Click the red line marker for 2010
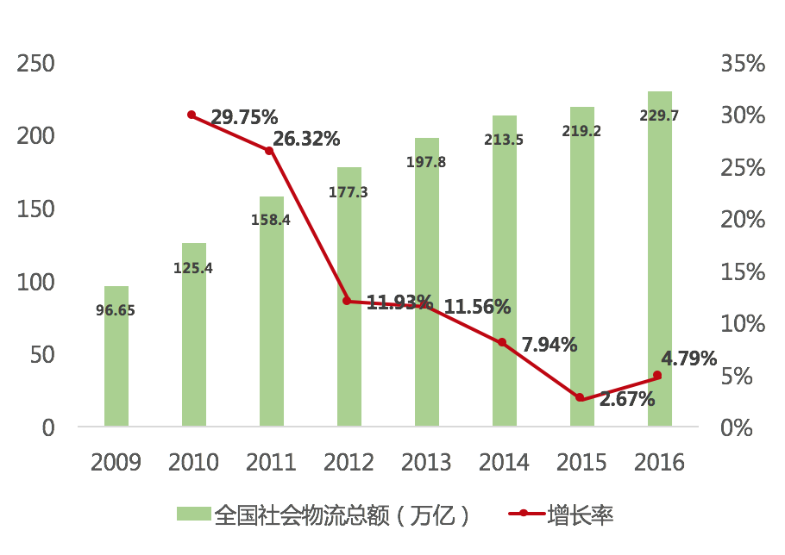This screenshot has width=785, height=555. point(192,115)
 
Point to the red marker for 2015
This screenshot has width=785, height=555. point(580,397)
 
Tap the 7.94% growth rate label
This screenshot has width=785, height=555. point(549,345)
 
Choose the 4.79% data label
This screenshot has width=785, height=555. point(689,358)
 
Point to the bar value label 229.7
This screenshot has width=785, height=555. point(659,115)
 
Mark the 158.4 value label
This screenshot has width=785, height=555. point(271,220)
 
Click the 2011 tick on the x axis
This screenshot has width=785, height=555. point(271,463)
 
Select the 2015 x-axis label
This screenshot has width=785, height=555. point(581,463)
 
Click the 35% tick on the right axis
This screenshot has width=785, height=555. point(743,64)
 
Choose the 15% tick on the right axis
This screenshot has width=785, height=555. point(743,271)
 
